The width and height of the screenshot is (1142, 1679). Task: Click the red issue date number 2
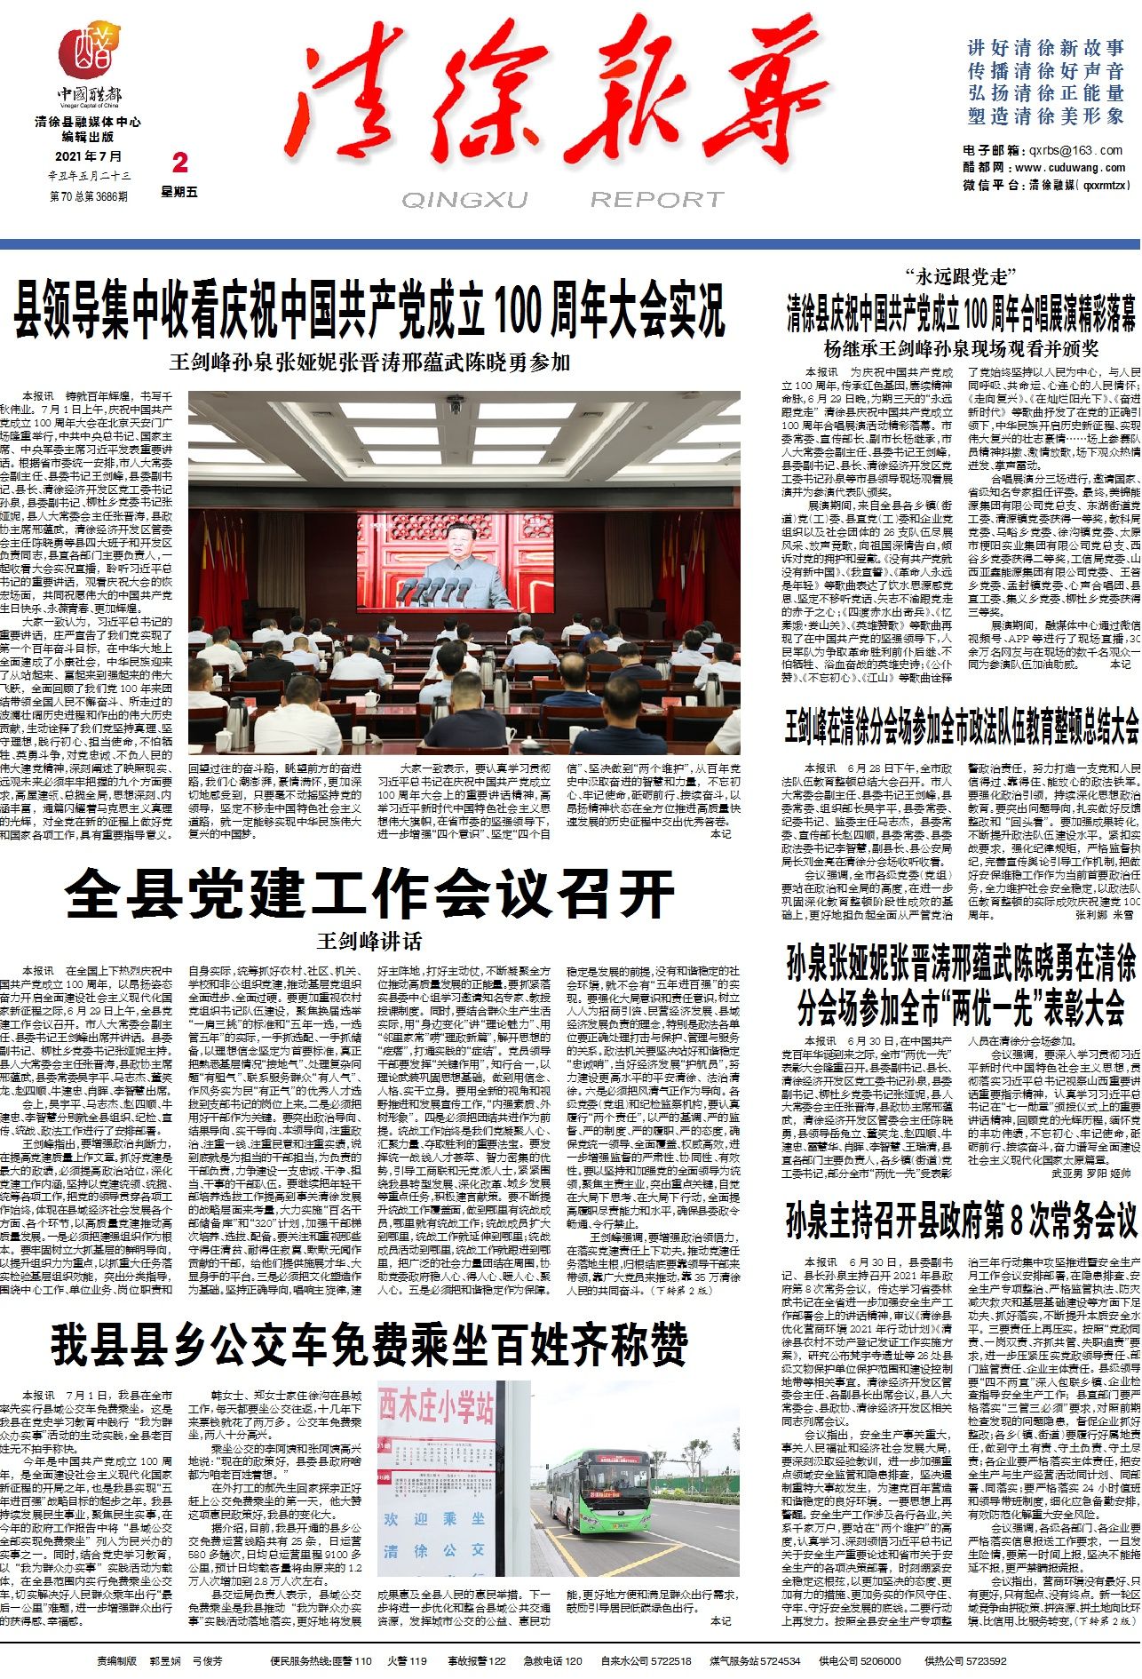pyautogui.click(x=180, y=163)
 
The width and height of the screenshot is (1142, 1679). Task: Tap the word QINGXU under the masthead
pyautogui.click(x=464, y=200)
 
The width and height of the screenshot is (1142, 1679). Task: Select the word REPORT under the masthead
pyautogui.click(x=657, y=200)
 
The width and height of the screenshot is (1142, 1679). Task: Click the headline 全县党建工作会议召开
pyautogui.click(x=369, y=893)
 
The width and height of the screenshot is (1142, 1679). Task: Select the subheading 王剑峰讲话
pyautogui.click(x=369, y=941)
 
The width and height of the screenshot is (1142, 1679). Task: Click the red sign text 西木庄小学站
pyautogui.click(x=437, y=1408)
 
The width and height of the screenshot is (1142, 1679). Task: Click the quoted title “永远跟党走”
pyautogui.click(x=961, y=276)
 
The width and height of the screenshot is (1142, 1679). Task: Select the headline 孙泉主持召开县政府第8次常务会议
pyautogui.click(x=961, y=1221)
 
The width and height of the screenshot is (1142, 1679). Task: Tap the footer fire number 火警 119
pyautogui.click(x=407, y=1660)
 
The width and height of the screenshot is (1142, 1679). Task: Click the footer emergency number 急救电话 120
pyautogui.click(x=552, y=1660)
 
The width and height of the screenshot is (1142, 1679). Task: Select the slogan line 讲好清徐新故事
pyautogui.click(x=1046, y=48)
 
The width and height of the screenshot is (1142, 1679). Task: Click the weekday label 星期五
pyautogui.click(x=179, y=192)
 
